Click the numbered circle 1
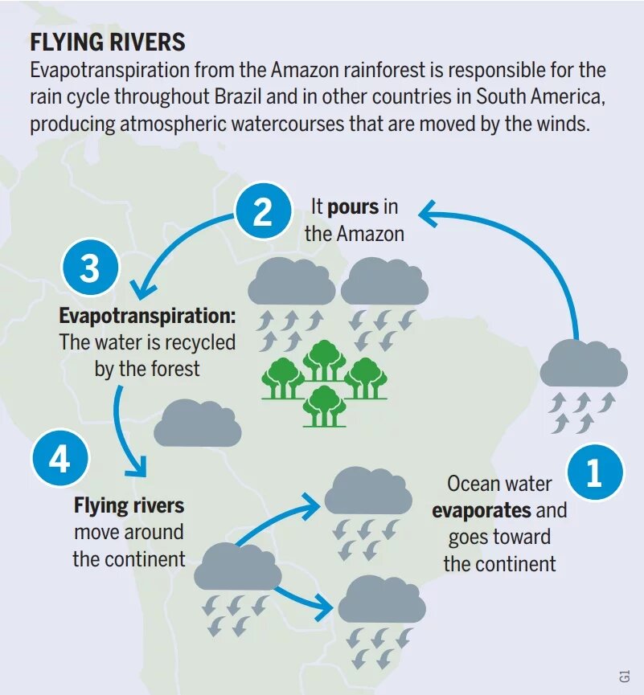click(x=594, y=473)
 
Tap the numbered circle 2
click(x=263, y=214)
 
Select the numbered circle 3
click(x=89, y=268)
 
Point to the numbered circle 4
click(x=60, y=461)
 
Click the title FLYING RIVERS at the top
click(x=108, y=43)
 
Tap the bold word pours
click(x=353, y=206)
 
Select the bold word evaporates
click(x=482, y=510)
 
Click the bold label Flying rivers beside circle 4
click(x=129, y=505)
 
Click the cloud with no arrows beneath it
click(x=197, y=423)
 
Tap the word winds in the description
click(x=564, y=125)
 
